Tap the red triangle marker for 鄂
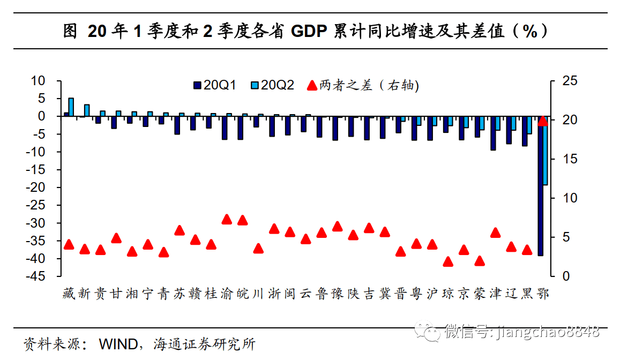(x=543, y=121)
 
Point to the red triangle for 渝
(x=227, y=219)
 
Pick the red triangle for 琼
(x=448, y=261)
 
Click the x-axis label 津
(x=496, y=294)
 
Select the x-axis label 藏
(x=69, y=294)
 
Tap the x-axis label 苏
(x=180, y=294)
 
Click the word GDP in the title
(x=310, y=32)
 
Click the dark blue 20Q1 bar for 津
(x=493, y=133)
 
